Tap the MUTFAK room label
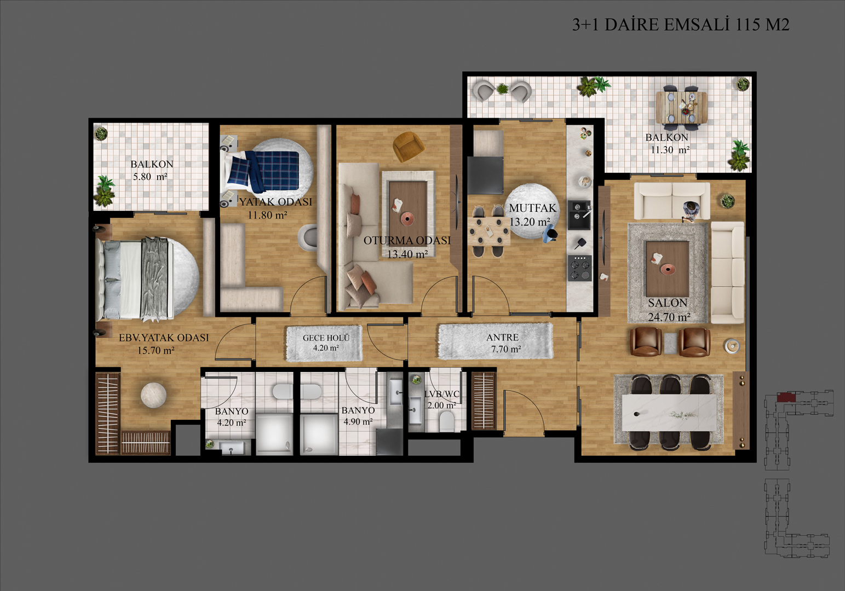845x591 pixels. tap(532, 208)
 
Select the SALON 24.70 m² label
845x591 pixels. tap(669, 310)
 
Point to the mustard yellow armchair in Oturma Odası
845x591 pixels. tap(409, 146)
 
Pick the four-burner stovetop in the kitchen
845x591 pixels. tap(580, 268)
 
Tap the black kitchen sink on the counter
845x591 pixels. tap(579, 215)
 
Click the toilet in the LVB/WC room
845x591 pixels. tap(447, 421)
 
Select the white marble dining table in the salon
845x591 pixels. tap(669, 413)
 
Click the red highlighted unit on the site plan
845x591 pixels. tap(786, 397)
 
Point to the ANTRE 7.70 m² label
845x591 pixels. tap(503, 343)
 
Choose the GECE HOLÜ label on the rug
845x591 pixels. tap(326, 338)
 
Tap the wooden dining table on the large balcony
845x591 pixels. tap(681, 107)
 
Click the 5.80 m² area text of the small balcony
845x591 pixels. tap(150, 176)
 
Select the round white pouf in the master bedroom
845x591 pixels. tap(153, 395)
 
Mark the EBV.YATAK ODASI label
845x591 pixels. tap(164, 337)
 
